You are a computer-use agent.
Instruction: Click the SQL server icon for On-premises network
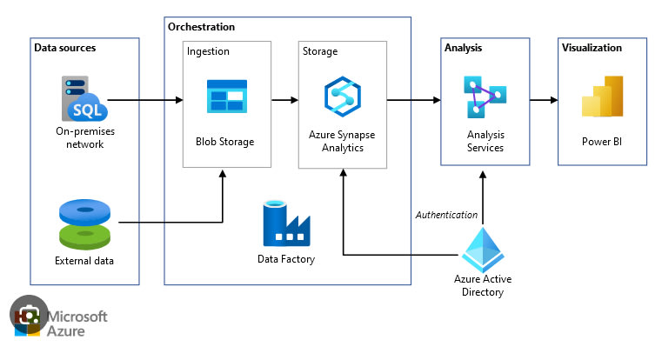click(84, 99)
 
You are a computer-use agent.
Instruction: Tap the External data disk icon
click(85, 223)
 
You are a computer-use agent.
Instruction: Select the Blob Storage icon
click(226, 97)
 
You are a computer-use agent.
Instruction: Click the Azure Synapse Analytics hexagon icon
click(341, 97)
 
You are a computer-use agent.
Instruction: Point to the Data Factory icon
click(285, 224)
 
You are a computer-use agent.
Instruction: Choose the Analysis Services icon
click(485, 97)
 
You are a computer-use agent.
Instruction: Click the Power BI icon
click(602, 97)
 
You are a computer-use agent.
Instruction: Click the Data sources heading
click(65, 48)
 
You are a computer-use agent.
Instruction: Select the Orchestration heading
click(201, 27)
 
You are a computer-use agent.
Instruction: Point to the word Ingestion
click(208, 51)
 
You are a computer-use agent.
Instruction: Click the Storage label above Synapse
click(320, 51)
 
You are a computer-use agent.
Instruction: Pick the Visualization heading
click(592, 48)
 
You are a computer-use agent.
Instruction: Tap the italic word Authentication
click(446, 214)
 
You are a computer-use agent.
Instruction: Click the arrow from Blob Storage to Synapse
click(284, 99)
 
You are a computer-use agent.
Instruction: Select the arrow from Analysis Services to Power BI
click(543, 99)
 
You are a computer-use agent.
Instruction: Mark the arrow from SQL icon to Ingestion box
click(144, 99)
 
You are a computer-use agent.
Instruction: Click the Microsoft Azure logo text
click(78, 323)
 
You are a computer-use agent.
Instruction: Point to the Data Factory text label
click(285, 259)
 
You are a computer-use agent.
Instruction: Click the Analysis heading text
click(463, 48)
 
